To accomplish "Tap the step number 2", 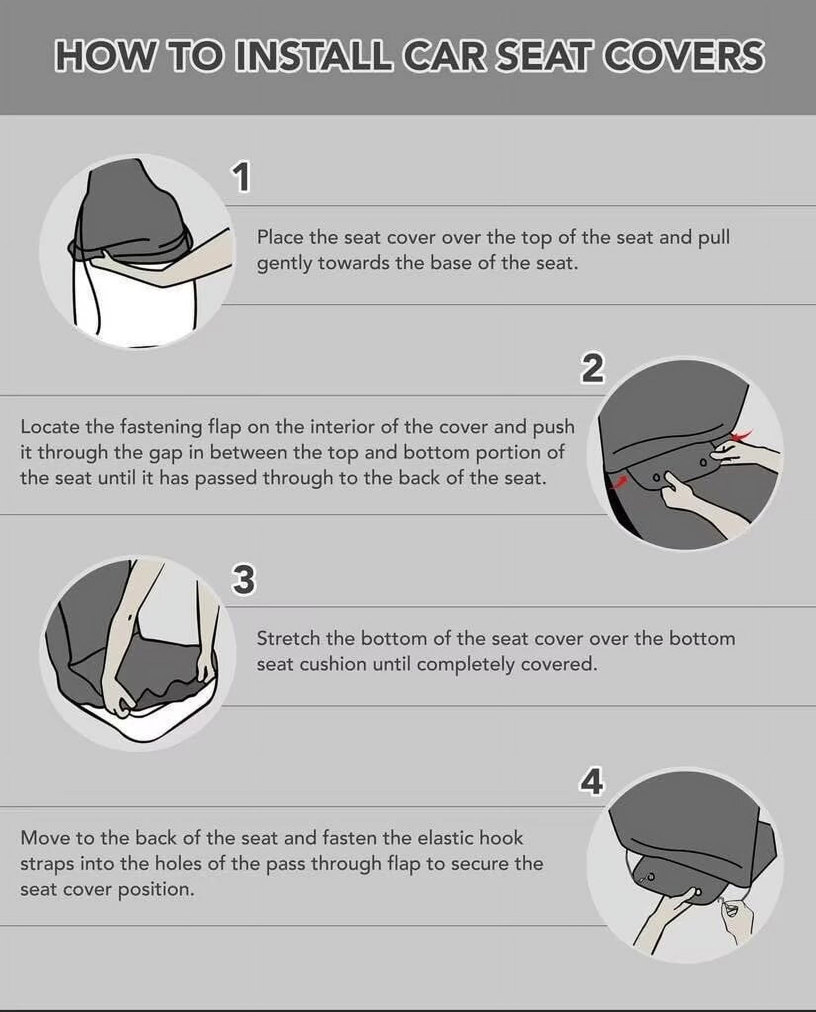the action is click(x=592, y=368).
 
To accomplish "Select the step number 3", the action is click(x=243, y=580).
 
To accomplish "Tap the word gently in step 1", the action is click(x=284, y=264).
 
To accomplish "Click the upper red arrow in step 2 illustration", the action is click(x=742, y=434).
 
